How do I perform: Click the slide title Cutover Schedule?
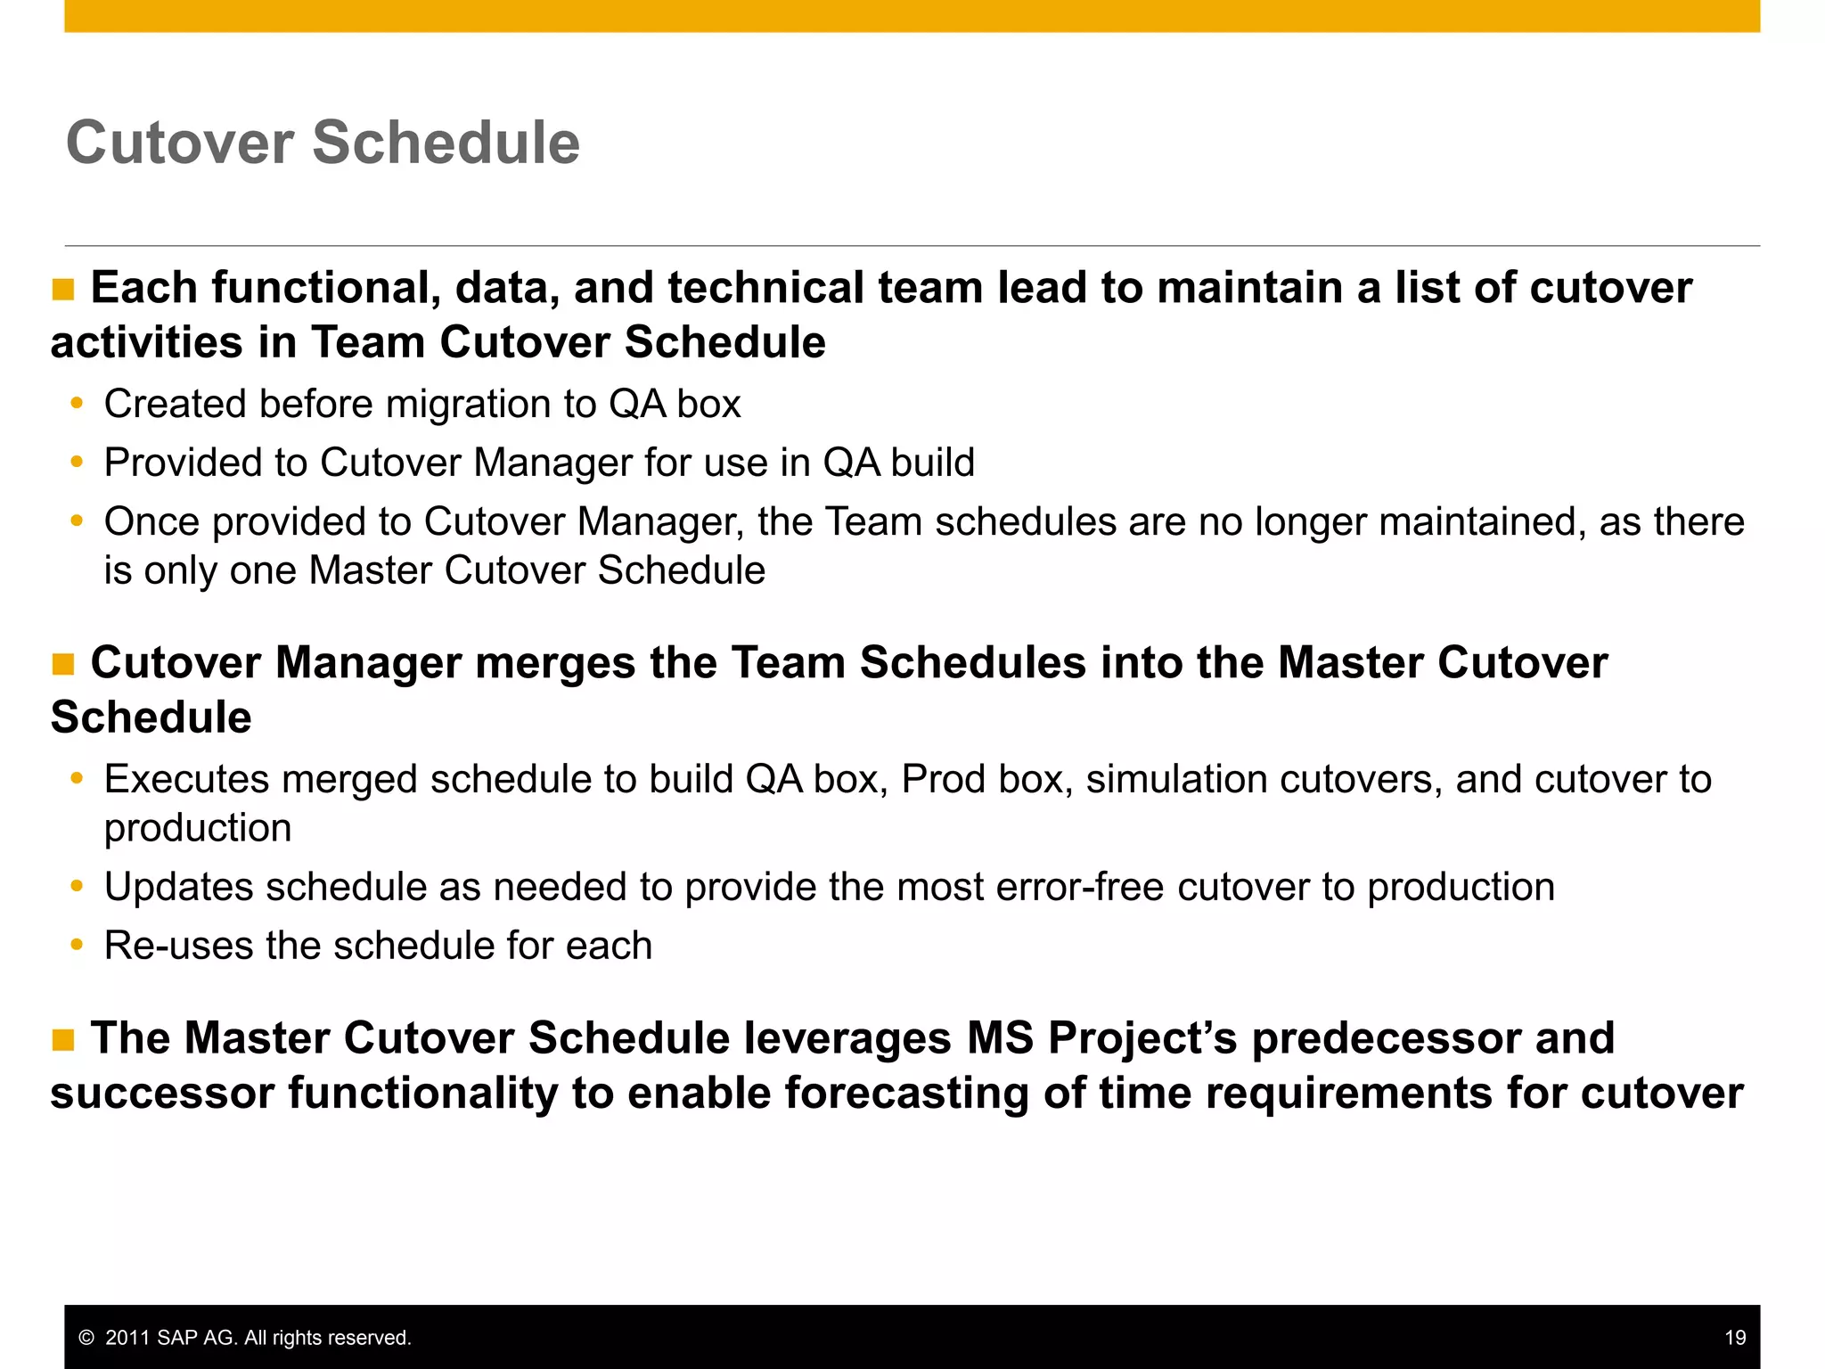click(323, 143)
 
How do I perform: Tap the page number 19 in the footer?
click(1734, 1338)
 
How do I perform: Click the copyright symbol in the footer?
click(86, 1338)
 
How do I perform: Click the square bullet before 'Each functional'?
click(63, 290)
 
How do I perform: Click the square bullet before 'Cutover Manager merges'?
click(63, 665)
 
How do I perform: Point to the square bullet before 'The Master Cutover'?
click(63, 1040)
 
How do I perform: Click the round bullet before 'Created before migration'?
click(78, 404)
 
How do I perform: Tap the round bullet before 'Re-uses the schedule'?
click(78, 945)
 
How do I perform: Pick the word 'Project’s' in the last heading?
click(1142, 1039)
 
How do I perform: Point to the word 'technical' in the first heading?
click(765, 288)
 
